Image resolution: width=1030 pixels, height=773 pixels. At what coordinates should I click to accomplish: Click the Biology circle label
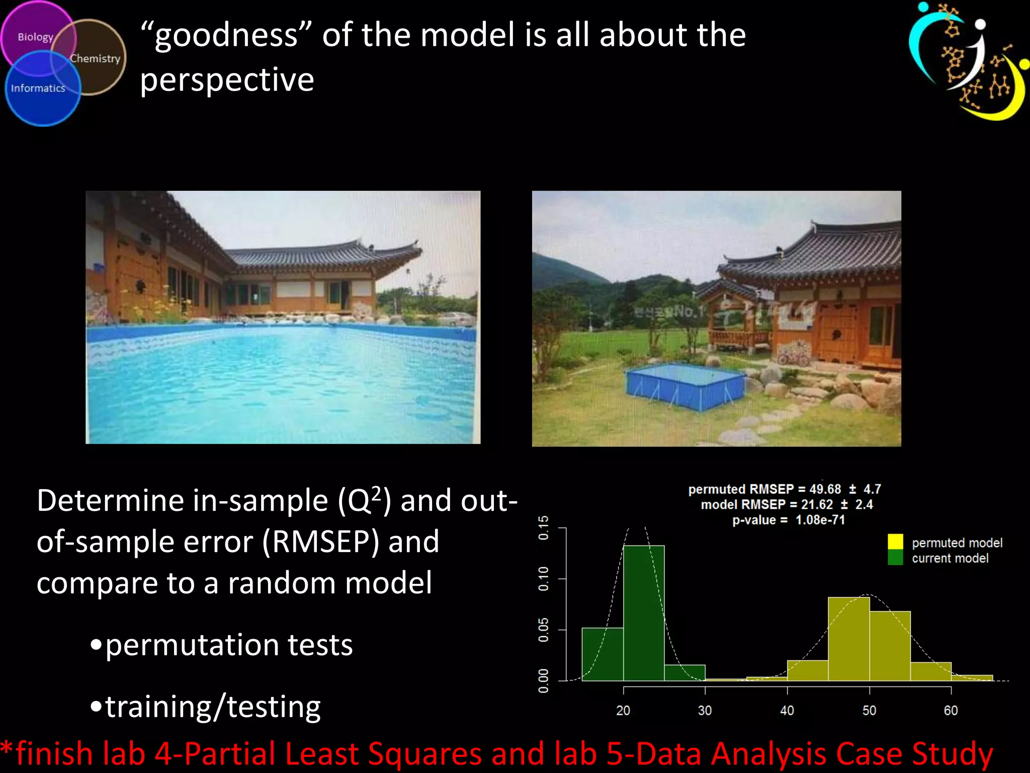[35, 37]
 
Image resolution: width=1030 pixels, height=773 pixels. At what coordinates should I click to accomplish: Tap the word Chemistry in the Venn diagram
[95, 59]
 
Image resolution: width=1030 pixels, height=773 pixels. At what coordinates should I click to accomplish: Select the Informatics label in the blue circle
[38, 89]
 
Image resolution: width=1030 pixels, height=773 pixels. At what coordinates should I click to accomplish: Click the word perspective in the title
[227, 80]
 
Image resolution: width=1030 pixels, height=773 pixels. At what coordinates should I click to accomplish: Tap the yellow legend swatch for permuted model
[895, 542]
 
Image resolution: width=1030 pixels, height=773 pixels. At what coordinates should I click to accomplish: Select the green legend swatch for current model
[895, 557]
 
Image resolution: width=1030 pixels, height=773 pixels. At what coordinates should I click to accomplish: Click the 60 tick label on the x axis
[951, 710]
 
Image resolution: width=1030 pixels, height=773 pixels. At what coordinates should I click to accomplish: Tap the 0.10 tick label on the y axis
[544, 579]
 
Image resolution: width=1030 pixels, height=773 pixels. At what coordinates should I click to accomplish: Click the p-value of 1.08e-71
[820, 520]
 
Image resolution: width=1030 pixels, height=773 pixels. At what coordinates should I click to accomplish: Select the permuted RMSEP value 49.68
[825, 489]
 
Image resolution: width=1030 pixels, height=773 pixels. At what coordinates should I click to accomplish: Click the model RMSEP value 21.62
[817, 504]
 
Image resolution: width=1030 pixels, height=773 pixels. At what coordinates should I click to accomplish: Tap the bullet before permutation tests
[96, 645]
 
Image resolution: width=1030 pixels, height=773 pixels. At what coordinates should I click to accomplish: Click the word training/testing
[213, 707]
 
